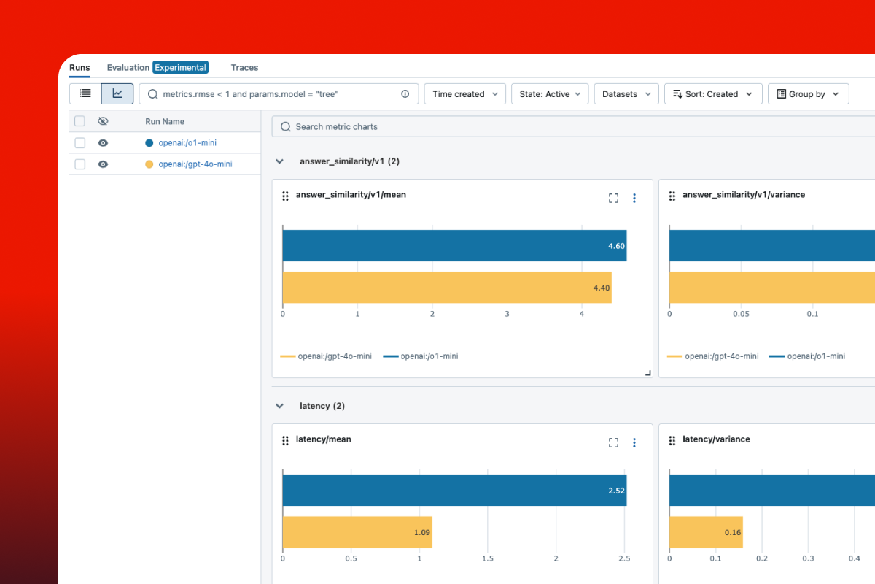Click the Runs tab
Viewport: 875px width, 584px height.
79,68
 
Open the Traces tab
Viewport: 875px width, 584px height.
244,68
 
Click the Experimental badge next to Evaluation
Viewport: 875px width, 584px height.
180,68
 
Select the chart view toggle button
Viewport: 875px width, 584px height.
117,93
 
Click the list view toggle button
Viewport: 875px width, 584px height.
85,93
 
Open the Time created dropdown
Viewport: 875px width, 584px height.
464,94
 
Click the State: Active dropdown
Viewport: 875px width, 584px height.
550,94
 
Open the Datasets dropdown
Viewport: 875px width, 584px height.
626,94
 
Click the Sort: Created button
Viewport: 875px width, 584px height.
712,94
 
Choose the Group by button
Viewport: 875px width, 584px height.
808,94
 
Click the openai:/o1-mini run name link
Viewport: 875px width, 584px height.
187,143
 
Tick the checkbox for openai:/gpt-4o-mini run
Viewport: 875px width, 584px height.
80,164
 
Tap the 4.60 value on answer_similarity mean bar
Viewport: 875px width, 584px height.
616,246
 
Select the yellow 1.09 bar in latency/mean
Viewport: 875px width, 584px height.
357,532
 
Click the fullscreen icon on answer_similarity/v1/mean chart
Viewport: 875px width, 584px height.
613,198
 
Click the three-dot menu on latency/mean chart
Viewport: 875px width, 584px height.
634,442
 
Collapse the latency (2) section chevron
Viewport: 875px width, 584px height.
279,406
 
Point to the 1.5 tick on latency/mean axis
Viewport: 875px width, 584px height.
487,558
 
